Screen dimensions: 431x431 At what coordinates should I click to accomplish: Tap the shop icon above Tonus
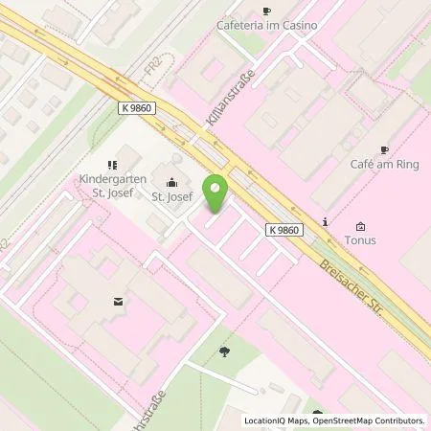coord(360,227)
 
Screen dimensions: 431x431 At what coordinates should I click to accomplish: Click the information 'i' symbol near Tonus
coord(326,222)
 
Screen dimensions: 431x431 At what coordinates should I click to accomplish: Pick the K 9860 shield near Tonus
coord(285,231)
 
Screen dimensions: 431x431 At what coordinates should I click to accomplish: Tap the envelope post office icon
coord(118,302)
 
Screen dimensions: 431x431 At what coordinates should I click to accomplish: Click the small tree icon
coord(224,352)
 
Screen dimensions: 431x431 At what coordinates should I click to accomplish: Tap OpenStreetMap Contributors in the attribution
coord(370,420)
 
